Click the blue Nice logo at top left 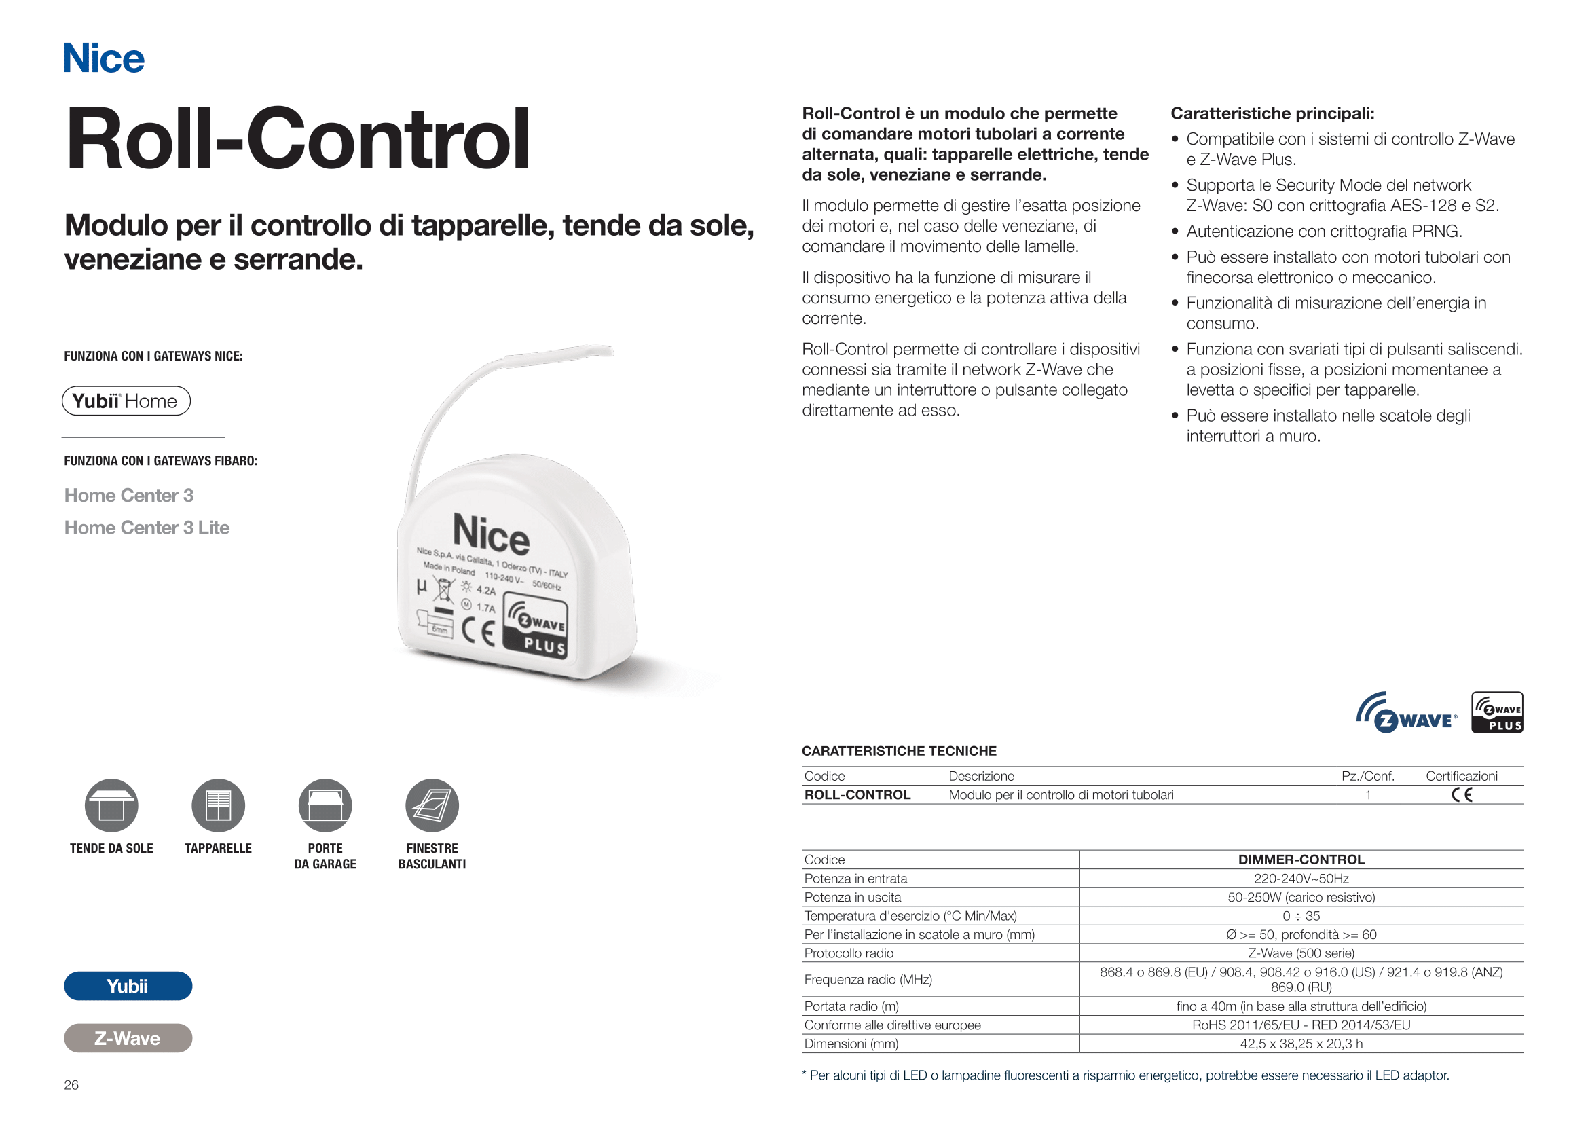point(104,58)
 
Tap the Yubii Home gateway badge point(126,401)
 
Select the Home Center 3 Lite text point(147,528)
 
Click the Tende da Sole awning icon point(111,806)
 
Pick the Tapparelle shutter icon point(218,806)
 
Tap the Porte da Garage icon point(325,806)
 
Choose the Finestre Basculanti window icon point(432,806)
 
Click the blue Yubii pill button point(128,986)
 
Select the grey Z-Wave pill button point(128,1038)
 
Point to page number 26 point(71,1085)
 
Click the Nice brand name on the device point(491,534)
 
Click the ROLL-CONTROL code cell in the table point(857,795)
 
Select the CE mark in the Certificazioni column point(1462,795)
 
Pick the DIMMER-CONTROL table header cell point(1301,860)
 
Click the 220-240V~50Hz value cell point(1301,878)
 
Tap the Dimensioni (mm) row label point(851,1044)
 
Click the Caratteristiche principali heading point(1272,113)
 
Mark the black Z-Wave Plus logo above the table point(1497,712)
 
